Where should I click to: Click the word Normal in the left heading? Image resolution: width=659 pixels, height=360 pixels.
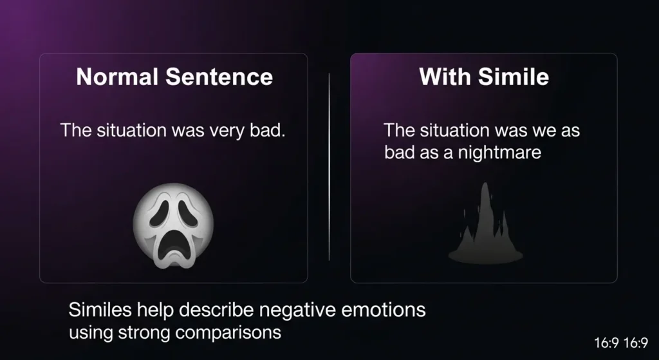(117, 77)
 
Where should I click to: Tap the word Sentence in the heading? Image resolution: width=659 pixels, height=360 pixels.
(219, 77)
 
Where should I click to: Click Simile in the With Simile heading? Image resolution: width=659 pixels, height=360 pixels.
(513, 77)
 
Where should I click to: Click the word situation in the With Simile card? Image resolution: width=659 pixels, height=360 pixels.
(454, 130)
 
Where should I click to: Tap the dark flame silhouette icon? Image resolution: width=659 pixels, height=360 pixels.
(485, 223)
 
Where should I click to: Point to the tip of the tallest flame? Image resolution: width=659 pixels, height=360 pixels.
(486, 183)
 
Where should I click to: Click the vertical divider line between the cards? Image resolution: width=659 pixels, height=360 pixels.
(329, 167)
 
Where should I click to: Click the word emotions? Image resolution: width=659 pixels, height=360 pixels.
(384, 310)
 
